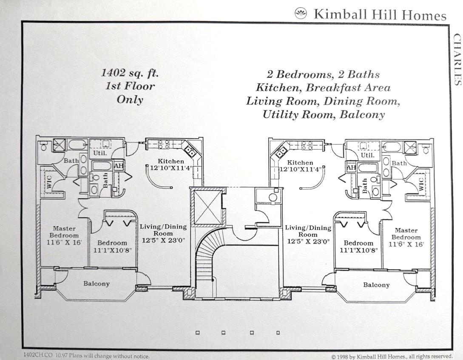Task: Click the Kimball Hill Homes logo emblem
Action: coord(301,13)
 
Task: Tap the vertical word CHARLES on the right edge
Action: coord(457,60)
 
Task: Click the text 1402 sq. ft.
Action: coord(130,73)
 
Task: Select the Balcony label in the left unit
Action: coord(97,283)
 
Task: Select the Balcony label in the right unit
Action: coord(376,285)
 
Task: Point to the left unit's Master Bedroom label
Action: coord(64,232)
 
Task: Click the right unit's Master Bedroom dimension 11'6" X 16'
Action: coord(406,244)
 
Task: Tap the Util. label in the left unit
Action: coord(100,153)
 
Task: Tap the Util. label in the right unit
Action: coord(368,155)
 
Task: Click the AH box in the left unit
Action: coord(119,166)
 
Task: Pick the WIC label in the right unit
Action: coord(421,184)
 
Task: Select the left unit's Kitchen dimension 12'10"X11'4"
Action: coord(171,168)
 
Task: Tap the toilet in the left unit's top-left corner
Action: coord(44,146)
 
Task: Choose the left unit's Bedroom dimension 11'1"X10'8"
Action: coord(112,250)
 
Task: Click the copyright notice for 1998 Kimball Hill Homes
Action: coord(392,357)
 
